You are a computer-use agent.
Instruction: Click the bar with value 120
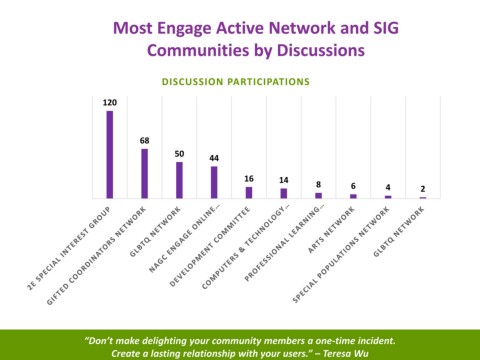click(110, 155)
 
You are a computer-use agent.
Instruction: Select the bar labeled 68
click(144, 174)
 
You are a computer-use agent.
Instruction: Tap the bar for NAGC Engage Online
click(214, 182)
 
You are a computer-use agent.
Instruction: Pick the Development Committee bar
click(249, 193)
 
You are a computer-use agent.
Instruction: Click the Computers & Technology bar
click(284, 193)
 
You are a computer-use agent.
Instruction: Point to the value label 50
click(179, 154)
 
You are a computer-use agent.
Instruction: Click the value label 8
click(318, 184)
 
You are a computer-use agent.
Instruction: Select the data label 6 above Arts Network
click(353, 186)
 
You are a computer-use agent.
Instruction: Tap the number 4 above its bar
click(388, 187)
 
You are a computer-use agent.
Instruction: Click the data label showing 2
click(423, 189)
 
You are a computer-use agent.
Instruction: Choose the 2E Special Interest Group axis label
click(69, 248)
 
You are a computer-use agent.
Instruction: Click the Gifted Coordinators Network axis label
click(96, 256)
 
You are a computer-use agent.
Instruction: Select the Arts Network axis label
click(331, 230)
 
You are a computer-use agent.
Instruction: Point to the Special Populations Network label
click(341, 255)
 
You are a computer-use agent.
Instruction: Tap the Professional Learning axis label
click(284, 243)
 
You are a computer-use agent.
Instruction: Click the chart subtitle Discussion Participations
click(236, 82)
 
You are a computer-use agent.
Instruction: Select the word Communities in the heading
click(198, 50)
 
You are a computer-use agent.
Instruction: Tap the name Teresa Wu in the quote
click(345, 353)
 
